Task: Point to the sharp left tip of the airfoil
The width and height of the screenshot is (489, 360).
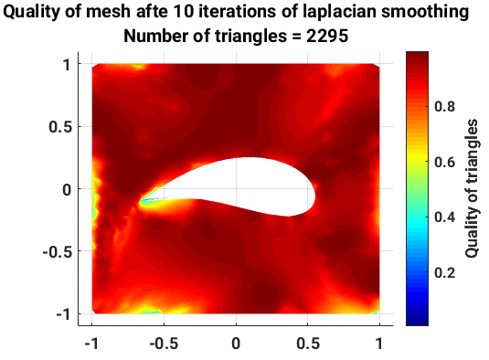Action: (143, 200)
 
